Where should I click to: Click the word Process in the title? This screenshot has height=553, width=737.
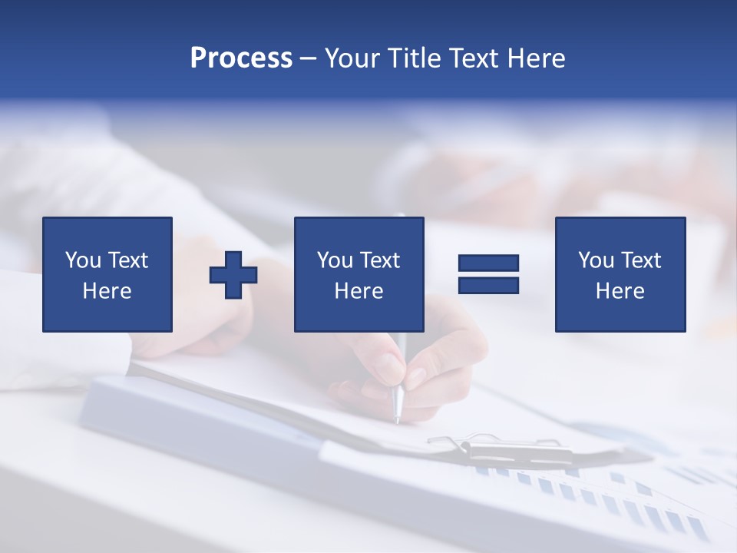(x=241, y=58)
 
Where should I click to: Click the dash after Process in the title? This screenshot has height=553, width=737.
(x=308, y=59)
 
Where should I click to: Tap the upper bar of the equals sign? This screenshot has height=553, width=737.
(x=488, y=263)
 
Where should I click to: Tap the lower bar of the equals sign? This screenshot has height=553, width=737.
(x=488, y=285)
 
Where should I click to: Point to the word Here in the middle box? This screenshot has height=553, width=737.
(x=359, y=291)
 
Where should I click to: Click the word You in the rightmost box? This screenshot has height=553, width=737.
(x=596, y=260)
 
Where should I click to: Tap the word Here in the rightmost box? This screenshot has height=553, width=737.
(x=620, y=291)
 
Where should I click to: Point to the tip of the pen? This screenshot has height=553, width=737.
(x=397, y=420)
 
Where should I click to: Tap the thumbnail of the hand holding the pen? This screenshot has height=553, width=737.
(x=414, y=377)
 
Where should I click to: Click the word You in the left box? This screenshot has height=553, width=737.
(x=83, y=260)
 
